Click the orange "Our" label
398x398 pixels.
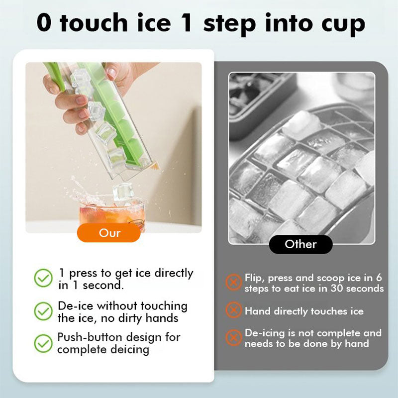point(109,232)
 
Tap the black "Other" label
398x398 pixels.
point(300,244)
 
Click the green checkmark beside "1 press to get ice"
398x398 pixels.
point(43,279)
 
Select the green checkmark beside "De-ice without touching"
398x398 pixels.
point(43,311)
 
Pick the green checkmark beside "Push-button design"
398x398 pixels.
point(43,343)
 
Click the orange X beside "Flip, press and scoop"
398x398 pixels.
point(233,283)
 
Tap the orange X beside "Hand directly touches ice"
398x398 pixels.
point(233,311)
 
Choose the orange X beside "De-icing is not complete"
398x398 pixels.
point(233,338)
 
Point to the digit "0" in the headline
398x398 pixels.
point(44,23)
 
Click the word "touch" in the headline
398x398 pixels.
point(92,23)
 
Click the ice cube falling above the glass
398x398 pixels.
point(122,191)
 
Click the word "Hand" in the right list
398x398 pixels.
point(258,311)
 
